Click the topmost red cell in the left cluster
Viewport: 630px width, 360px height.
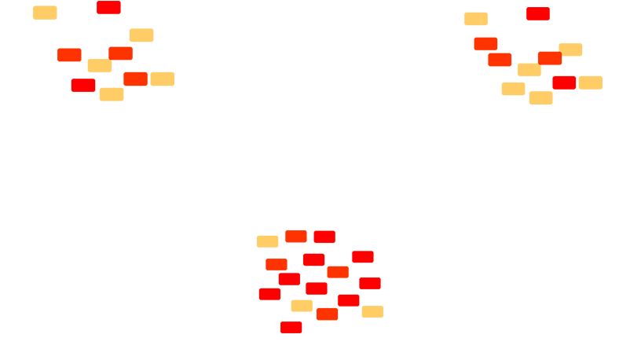108,8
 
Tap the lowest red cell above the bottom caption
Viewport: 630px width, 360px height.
291,327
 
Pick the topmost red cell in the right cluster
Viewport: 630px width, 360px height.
538,13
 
